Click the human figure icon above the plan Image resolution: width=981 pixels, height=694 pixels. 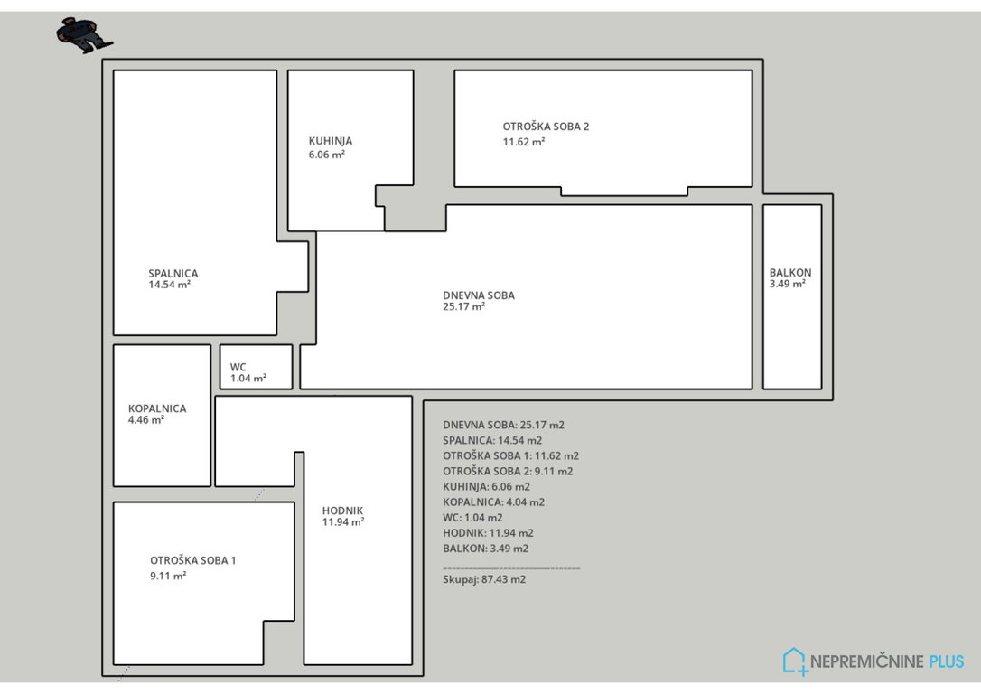click(x=85, y=35)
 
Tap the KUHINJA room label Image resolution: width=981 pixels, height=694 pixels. click(x=331, y=142)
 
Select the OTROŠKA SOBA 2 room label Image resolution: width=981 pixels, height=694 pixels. click(x=546, y=127)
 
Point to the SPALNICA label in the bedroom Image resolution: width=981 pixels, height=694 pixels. click(x=173, y=274)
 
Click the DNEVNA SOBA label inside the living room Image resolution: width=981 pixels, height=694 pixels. click(x=479, y=295)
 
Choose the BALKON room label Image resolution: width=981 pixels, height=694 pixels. click(x=790, y=273)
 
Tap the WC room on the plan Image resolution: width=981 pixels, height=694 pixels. click(x=256, y=367)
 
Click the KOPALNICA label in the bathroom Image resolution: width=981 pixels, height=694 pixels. click(x=157, y=408)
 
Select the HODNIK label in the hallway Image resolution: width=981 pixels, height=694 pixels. click(x=342, y=511)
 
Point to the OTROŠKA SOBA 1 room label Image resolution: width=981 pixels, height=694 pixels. click(x=192, y=560)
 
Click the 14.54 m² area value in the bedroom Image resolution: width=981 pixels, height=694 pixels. click(x=170, y=285)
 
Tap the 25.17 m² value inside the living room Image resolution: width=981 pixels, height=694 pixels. click(x=464, y=306)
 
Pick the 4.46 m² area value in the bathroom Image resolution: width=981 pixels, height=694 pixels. click(x=146, y=420)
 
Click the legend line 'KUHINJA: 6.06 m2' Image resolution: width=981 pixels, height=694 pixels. click(x=486, y=487)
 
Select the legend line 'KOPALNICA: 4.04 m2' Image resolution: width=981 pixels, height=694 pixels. click(x=493, y=502)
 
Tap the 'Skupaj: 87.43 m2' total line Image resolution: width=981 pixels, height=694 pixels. click(x=484, y=579)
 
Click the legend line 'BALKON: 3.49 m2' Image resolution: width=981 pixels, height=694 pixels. click(x=485, y=549)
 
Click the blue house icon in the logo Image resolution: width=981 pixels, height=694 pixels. click(x=795, y=661)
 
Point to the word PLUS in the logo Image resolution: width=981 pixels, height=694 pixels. click(x=947, y=661)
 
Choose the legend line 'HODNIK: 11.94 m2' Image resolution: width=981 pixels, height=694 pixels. click(x=488, y=533)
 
